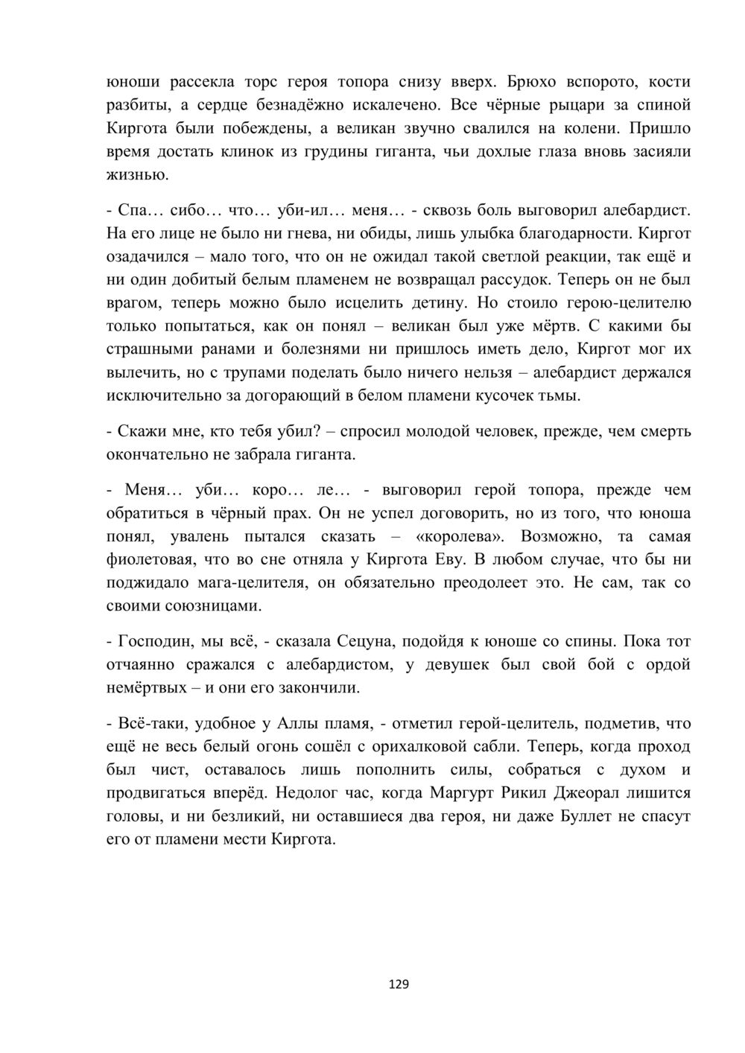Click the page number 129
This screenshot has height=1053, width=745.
(x=399, y=984)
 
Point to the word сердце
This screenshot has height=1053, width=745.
(x=218, y=105)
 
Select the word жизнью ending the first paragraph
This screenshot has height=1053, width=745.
(x=138, y=176)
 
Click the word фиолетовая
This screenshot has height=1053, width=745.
(x=153, y=559)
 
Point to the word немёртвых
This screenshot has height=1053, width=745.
(x=147, y=687)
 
